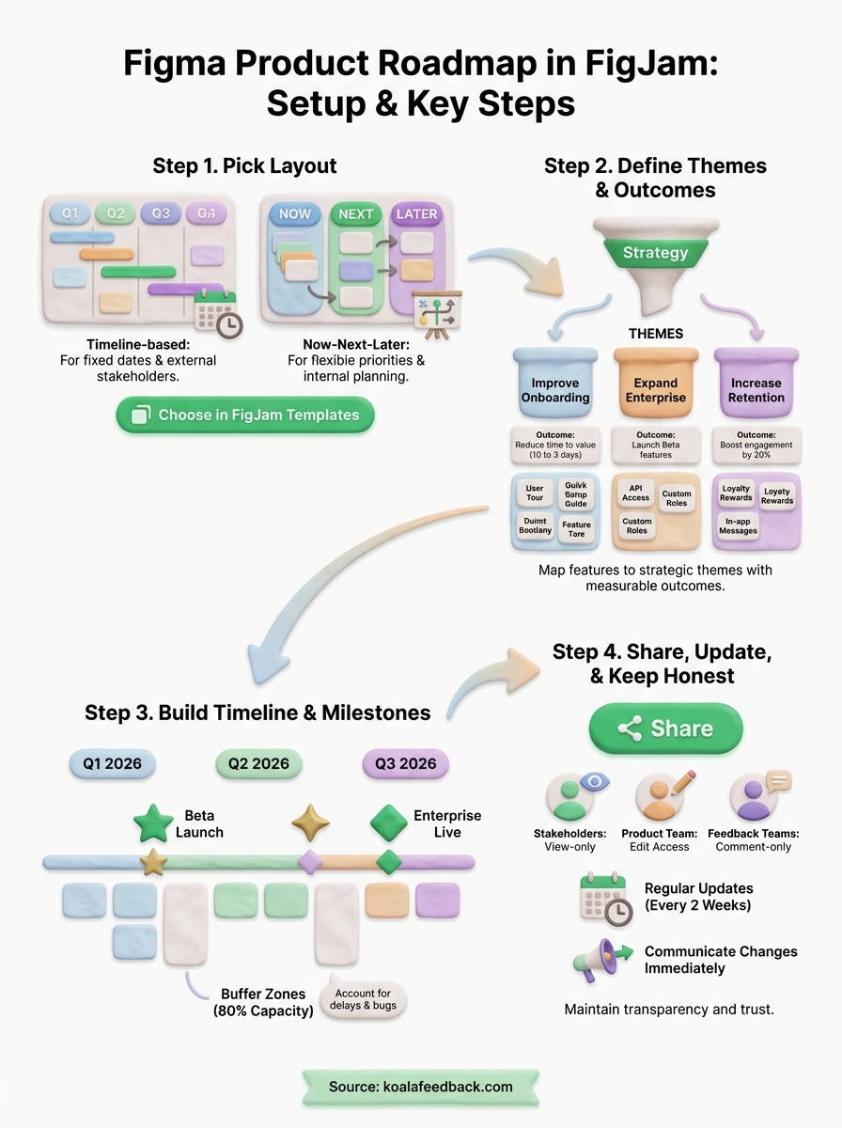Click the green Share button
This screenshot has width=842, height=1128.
[665, 728]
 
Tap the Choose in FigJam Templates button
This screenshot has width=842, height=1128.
[244, 415]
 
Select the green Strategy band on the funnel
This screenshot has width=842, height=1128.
[655, 253]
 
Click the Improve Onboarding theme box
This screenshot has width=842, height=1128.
[554, 387]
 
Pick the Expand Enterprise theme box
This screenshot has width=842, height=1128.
[655, 387]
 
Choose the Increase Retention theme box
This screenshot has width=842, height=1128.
[756, 387]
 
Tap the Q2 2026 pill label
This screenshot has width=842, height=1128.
[258, 763]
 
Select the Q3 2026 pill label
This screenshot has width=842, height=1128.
[405, 763]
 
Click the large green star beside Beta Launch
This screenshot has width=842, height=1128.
[153, 822]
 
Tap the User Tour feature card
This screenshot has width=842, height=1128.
[535, 493]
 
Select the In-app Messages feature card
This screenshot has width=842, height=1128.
[738, 525]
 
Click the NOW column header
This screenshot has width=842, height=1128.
[294, 214]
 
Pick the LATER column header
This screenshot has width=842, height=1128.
[416, 214]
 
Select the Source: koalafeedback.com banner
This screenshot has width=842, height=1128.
[420, 1086]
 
